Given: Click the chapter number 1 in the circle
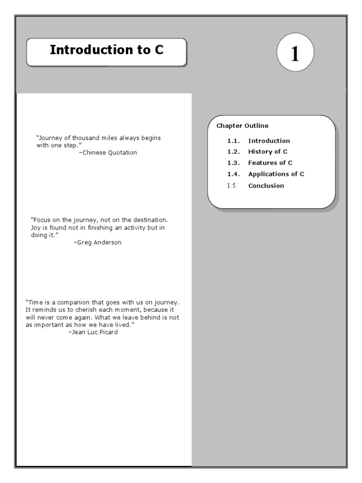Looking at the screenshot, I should (295, 55).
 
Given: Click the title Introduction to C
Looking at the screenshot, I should (107, 50).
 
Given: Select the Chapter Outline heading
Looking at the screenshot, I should (242, 126).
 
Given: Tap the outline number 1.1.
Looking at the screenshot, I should (234, 141).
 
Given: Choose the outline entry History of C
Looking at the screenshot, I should (268, 152).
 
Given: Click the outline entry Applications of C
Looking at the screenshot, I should (276, 174).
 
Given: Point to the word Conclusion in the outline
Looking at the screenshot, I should (266, 185).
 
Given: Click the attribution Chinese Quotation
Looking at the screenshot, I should (109, 152).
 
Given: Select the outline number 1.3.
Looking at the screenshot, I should (234, 163).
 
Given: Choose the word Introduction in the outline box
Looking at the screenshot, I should (269, 141).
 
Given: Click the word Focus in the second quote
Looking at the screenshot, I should (41, 220).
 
